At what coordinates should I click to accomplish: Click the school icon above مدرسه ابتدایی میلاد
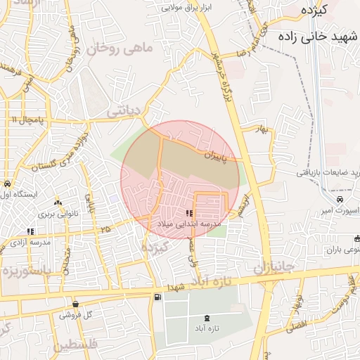(188, 213)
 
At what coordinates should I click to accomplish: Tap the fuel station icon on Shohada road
(156, 297)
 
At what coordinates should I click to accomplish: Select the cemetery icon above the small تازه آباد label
(206, 319)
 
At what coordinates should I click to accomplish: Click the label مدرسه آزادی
(30, 242)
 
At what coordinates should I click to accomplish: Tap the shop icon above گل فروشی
(76, 304)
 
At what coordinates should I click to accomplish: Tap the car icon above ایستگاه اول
(6, 184)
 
